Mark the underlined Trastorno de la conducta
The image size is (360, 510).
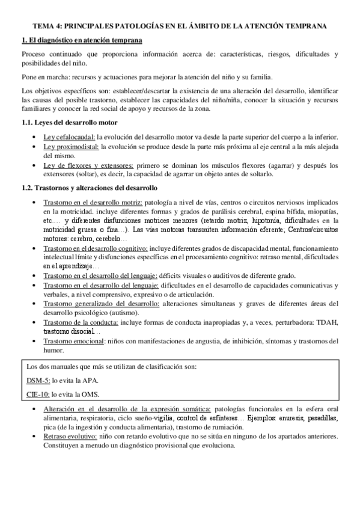pyautogui.click(x=81, y=323)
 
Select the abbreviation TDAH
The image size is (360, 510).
pyautogui.click(x=328, y=323)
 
